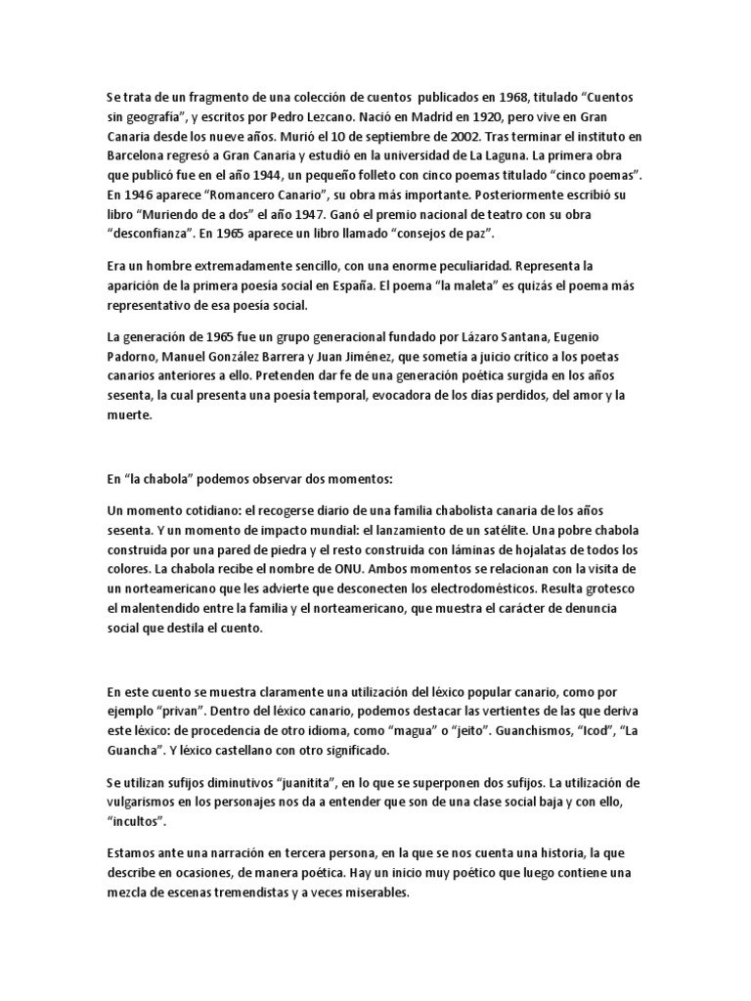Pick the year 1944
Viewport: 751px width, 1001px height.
tap(277, 173)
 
